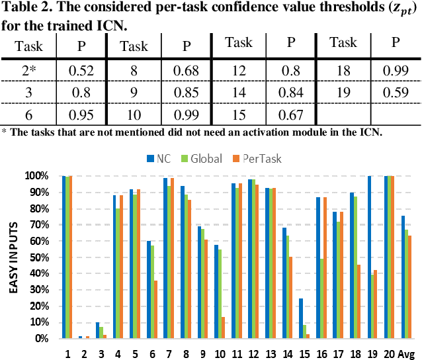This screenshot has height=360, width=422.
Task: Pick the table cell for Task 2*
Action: [29, 68]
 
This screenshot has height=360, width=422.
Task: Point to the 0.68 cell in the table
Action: [186, 68]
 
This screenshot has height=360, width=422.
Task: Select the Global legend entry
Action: [201, 159]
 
